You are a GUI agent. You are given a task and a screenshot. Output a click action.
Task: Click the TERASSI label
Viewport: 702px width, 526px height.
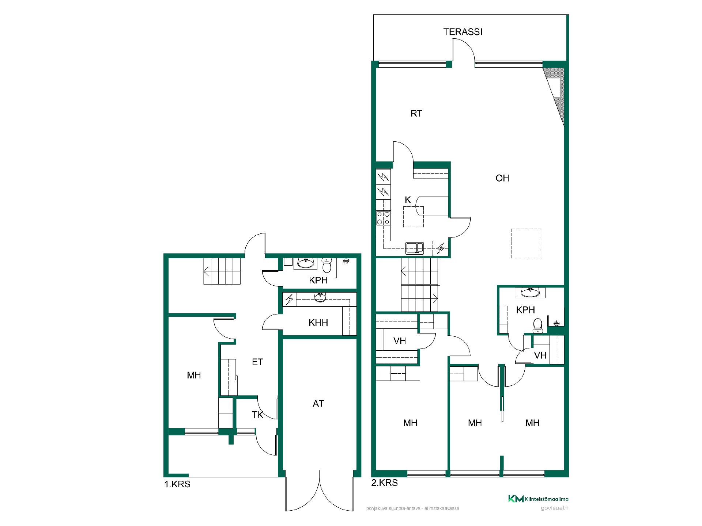463,32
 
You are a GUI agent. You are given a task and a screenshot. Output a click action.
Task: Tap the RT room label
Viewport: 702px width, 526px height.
416,114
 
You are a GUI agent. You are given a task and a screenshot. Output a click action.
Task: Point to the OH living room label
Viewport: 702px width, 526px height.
502,178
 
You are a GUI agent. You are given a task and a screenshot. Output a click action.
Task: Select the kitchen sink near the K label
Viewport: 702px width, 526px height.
415,248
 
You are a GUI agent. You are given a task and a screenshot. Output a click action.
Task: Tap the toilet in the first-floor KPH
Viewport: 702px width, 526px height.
327,265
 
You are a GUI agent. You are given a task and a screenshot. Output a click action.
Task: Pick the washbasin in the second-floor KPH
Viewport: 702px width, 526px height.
530,292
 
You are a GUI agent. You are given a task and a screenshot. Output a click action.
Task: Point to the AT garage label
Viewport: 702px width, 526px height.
318,403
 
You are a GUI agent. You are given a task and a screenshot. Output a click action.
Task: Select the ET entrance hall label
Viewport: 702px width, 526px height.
257,362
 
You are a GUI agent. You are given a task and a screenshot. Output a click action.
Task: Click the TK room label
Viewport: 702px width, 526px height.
257,415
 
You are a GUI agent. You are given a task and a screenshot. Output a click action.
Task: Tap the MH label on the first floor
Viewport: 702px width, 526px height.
194,375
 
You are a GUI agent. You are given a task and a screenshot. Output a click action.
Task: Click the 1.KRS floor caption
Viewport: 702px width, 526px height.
177,484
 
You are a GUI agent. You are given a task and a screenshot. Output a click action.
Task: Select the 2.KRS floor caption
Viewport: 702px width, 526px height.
385,483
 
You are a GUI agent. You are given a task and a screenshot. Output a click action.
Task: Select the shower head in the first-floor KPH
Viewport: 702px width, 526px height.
346,261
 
